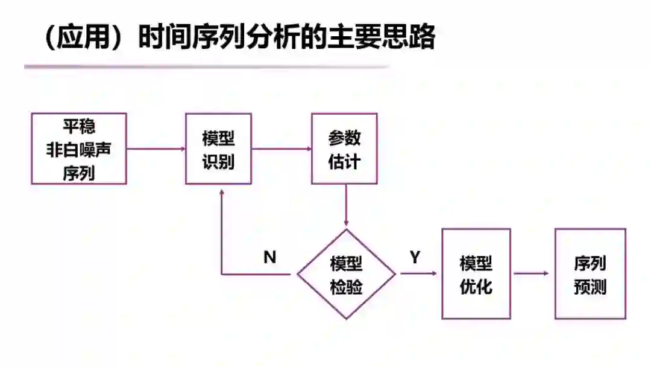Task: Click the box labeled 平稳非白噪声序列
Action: (79, 148)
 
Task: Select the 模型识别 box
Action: (218, 148)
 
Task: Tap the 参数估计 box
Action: (344, 148)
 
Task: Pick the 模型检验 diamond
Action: (347, 274)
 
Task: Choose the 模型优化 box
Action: (476, 274)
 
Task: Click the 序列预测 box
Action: (590, 274)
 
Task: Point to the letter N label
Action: (270, 257)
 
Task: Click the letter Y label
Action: (415, 258)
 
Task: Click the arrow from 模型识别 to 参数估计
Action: (281, 148)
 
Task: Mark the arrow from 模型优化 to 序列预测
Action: (532, 274)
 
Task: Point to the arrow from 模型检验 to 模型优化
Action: (418, 274)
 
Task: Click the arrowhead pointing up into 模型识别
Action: (222, 191)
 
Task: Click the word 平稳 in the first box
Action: (79, 127)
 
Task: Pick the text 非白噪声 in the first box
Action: (79, 149)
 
